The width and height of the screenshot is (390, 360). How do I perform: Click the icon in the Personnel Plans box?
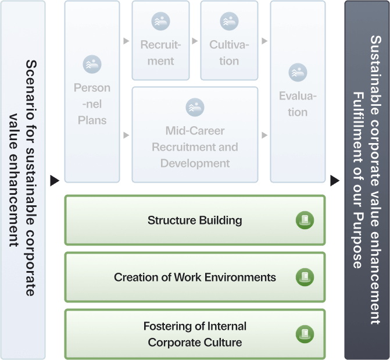pyautogui.click(x=92, y=63)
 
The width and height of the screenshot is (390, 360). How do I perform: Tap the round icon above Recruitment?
pyautogui.click(x=160, y=22)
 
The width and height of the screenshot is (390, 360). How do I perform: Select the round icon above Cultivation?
pyautogui.click(x=229, y=22)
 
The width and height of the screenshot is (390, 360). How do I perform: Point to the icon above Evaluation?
pyautogui.click(x=298, y=72)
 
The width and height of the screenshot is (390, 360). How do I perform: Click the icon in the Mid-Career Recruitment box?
pyautogui.click(x=195, y=107)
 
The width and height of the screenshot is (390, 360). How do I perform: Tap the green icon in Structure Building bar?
pyautogui.click(x=305, y=220)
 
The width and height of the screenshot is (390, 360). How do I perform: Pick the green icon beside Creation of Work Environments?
pyautogui.click(x=305, y=277)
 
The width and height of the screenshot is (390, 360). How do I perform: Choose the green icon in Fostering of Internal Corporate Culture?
pyautogui.click(x=305, y=334)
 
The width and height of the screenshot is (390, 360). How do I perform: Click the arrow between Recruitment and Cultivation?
pyautogui.click(x=195, y=42)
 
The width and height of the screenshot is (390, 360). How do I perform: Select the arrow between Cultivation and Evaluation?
pyautogui.click(x=264, y=42)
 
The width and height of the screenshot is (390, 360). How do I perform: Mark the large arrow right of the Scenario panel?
pyautogui.click(x=55, y=180)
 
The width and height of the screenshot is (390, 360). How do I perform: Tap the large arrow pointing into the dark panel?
pyautogui.click(x=335, y=180)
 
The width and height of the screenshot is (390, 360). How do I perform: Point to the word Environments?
pyautogui.click(x=238, y=277)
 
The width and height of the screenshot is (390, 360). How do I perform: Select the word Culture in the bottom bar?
pyautogui.click(x=224, y=343)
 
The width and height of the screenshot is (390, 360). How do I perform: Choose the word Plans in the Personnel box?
pyautogui.click(x=92, y=120)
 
